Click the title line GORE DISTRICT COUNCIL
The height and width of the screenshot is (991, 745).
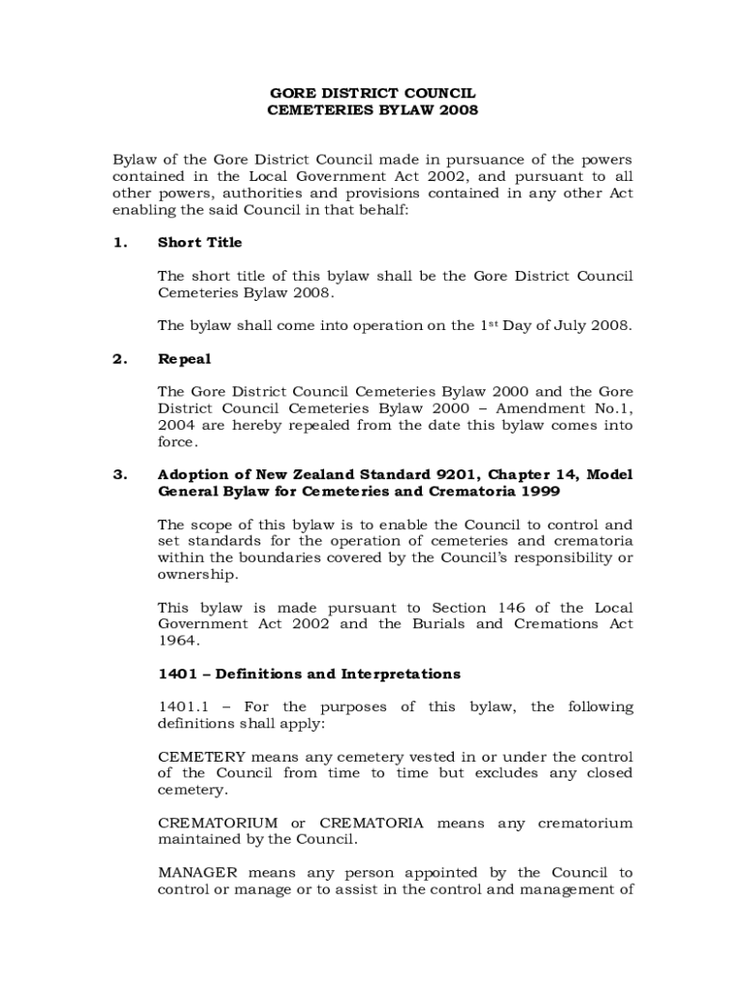pyautogui.click(x=372, y=94)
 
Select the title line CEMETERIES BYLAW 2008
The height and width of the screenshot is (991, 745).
pyautogui.click(x=372, y=110)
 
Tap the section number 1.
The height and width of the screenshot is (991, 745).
pyautogui.click(x=119, y=243)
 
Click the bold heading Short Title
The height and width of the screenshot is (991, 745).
pyautogui.click(x=199, y=243)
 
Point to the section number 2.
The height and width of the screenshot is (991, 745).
pyautogui.click(x=119, y=359)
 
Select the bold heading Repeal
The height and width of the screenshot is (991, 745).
pyautogui.click(x=184, y=359)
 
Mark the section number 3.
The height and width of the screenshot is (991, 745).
pyautogui.click(x=119, y=475)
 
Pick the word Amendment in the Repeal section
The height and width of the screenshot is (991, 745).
pyautogui.click(x=543, y=408)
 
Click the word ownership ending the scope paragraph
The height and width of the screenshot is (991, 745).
pyautogui.click(x=195, y=574)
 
